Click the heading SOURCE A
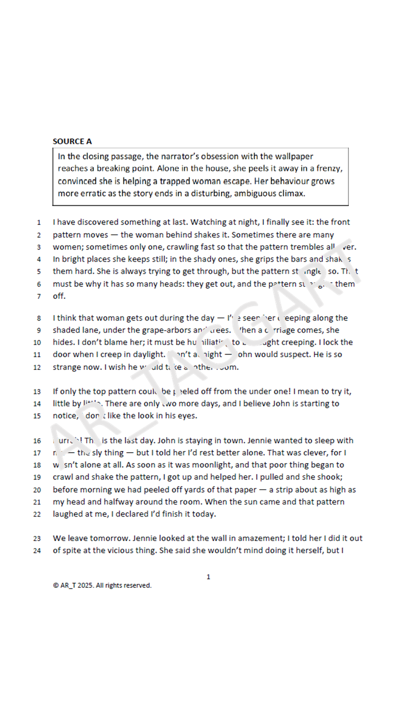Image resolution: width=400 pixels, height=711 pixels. click(72, 141)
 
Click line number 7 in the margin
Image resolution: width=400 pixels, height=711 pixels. click(39, 296)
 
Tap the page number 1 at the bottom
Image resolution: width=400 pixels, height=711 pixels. click(208, 577)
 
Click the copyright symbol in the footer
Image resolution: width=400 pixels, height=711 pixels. click(56, 585)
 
